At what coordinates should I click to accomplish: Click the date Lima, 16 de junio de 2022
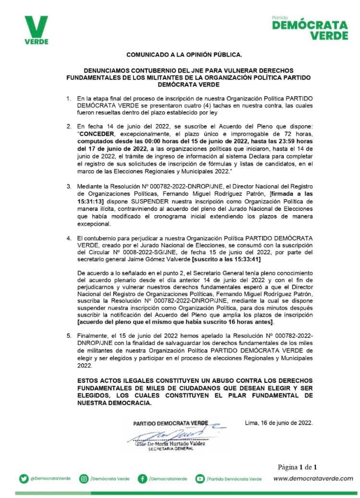click(279, 423)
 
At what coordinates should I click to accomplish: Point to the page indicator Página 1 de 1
click(298, 467)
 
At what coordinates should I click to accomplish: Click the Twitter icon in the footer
click(24, 478)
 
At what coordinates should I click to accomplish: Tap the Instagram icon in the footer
click(84, 478)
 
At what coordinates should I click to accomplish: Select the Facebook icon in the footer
click(143, 478)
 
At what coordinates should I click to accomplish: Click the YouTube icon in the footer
click(200, 478)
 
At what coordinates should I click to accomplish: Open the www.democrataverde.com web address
click(313, 478)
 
